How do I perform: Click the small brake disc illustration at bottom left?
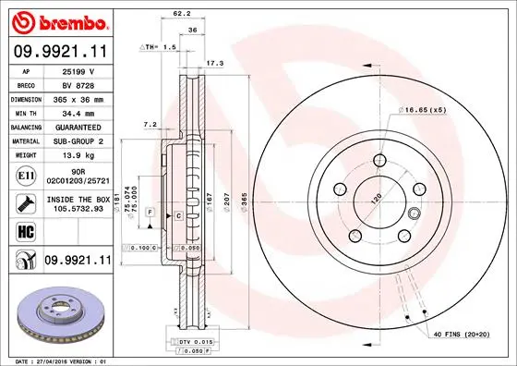(x=57, y=313)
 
